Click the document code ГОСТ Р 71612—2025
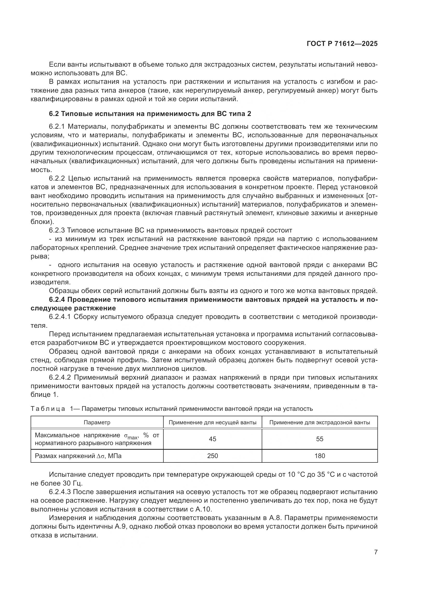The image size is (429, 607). click(x=342, y=44)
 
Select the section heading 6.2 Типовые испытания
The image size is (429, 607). click(x=150, y=114)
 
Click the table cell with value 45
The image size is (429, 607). click(x=212, y=439)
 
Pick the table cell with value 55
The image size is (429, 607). click(x=319, y=439)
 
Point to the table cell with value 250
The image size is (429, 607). click(x=212, y=456)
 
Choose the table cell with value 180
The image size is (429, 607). click(x=319, y=456)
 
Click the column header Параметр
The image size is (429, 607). click(x=97, y=422)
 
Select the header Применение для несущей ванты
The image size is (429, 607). click(x=212, y=422)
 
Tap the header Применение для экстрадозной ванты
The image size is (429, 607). click(x=319, y=422)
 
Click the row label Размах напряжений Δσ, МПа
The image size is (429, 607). click(x=78, y=456)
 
